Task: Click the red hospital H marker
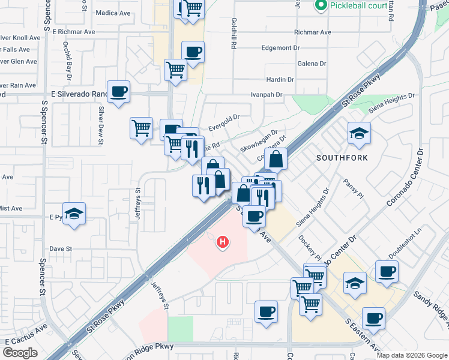(223, 242)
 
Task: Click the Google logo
(20, 353)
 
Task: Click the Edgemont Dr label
(281, 47)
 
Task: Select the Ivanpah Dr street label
(267, 94)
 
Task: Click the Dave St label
(61, 248)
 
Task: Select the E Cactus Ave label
(26, 335)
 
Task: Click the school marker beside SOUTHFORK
(359, 134)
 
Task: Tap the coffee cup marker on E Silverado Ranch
(119, 92)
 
